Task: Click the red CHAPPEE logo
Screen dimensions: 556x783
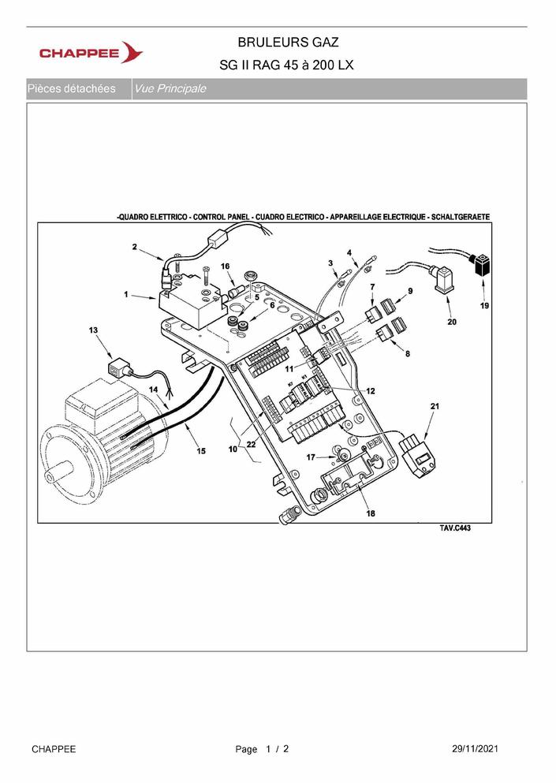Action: (91, 52)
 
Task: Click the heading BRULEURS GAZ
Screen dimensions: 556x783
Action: (288, 43)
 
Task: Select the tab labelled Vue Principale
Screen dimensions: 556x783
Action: (170, 89)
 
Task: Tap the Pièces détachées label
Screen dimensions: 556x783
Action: (72, 89)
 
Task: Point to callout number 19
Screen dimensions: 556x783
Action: (484, 306)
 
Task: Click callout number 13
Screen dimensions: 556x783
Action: (93, 330)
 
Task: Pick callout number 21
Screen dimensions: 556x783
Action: (435, 406)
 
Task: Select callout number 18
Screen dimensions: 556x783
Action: (371, 513)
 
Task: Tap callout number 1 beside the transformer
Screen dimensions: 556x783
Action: (126, 295)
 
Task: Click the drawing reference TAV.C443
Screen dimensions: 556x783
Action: (455, 528)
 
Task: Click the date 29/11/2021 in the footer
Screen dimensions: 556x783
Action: (475, 748)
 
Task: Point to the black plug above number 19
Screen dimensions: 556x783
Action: (481, 265)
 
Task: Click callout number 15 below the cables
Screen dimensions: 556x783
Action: (201, 451)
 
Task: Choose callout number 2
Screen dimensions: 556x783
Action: (134, 247)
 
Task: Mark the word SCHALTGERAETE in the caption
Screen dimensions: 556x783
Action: (461, 217)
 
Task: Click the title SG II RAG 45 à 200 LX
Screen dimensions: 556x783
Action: (287, 65)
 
